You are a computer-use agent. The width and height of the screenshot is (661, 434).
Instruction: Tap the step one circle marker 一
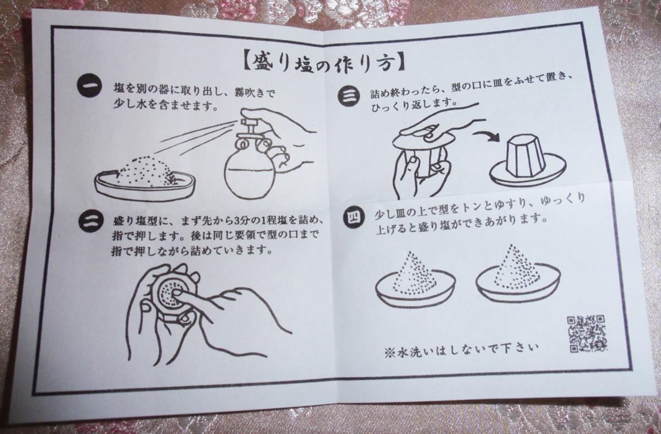89,85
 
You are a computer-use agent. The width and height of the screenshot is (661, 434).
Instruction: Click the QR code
587,333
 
